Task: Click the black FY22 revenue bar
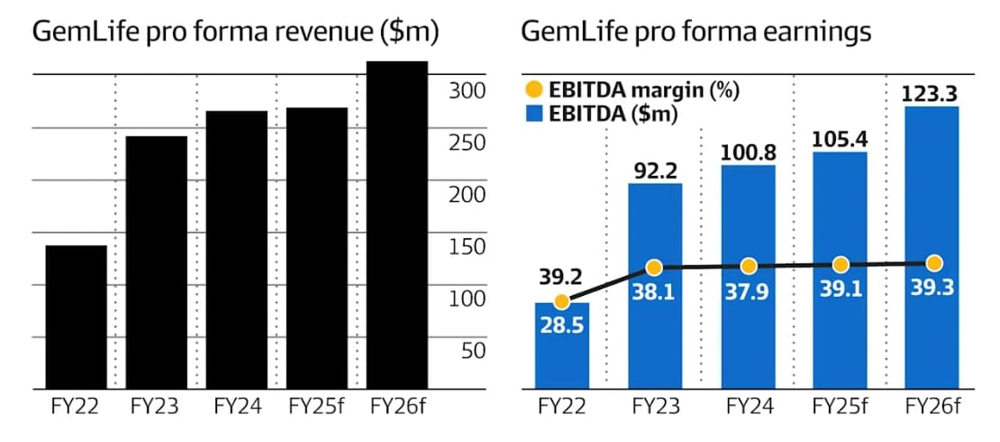(x=76, y=318)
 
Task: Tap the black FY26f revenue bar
(x=396, y=226)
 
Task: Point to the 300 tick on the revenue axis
(x=468, y=91)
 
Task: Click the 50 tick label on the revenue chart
(x=473, y=351)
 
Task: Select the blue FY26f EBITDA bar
(x=934, y=247)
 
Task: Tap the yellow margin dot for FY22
(x=561, y=301)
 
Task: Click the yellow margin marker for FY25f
(x=841, y=264)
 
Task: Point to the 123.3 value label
(x=934, y=93)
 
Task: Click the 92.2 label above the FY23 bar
(x=654, y=169)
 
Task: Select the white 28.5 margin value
(x=561, y=324)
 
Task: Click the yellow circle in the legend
(x=534, y=90)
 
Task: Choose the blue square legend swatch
(x=534, y=113)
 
